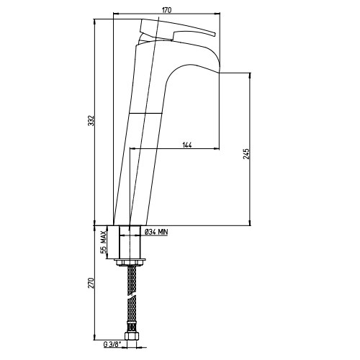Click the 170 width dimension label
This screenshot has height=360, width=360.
point(166,10)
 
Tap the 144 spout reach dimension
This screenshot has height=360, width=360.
point(187,145)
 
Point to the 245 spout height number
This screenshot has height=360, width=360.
point(246,154)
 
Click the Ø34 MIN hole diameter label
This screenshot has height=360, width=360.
point(156,232)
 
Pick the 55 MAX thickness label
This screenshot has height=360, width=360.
point(104,243)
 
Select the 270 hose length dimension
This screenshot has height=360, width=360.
point(91,284)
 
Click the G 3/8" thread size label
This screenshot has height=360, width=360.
point(112,345)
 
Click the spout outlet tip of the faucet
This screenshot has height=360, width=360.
point(220,72)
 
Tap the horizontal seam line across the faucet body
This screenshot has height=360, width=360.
point(146,113)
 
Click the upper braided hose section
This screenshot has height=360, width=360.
point(132,280)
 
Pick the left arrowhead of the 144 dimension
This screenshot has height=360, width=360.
point(132,149)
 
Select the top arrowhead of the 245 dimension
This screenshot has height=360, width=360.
point(250,75)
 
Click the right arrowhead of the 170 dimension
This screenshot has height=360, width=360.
point(217,14)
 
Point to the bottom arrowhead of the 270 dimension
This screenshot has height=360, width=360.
point(95,337)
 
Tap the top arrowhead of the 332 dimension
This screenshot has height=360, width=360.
point(95,22)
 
